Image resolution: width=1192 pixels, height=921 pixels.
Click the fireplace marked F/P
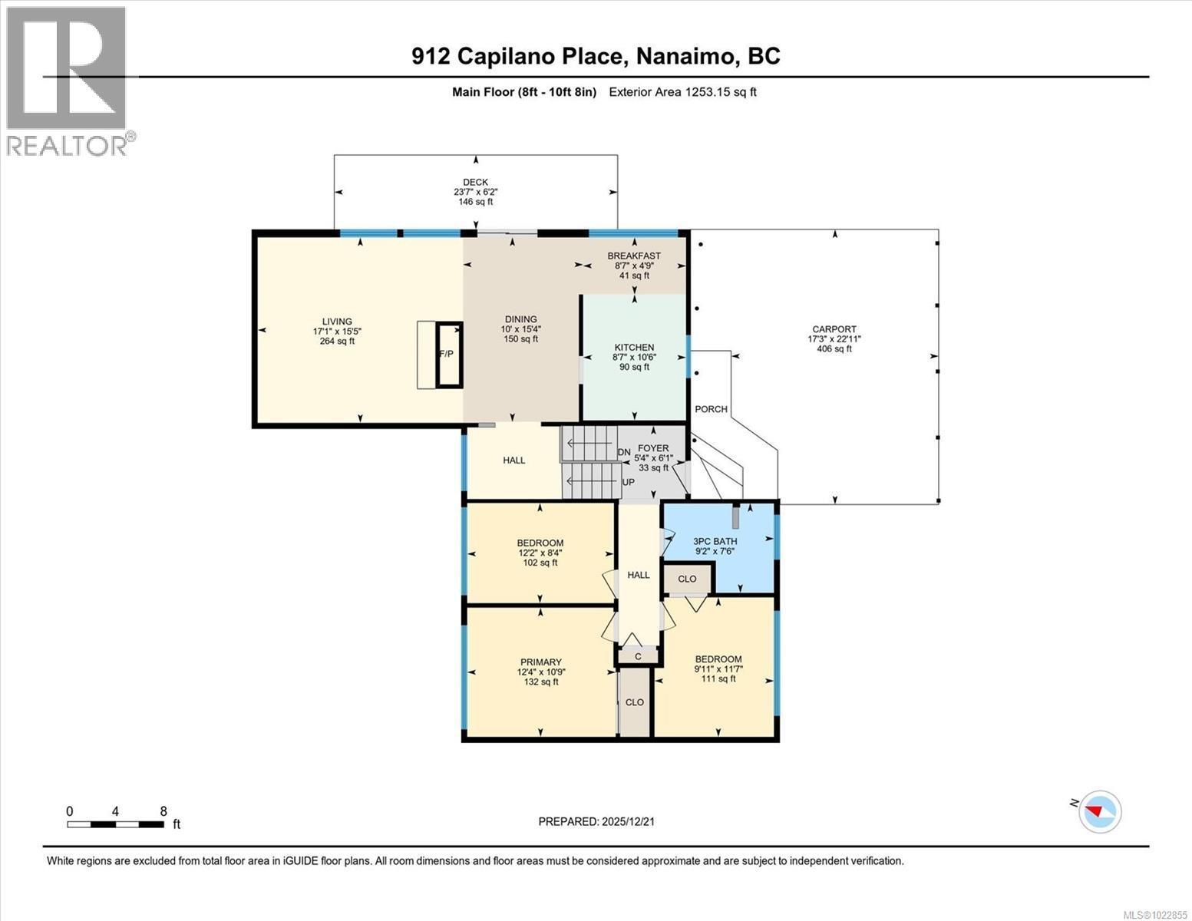click(x=449, y=355)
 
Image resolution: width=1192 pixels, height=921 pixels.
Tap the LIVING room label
click(x=337, y=322)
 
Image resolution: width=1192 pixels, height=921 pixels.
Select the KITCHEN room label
click(x=634, y=348)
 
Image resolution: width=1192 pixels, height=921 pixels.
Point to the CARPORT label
click(x=834, y=329)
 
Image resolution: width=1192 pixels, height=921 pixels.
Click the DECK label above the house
click(x=475, y=182)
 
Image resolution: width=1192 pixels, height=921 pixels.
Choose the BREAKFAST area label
click(x=634, y=256)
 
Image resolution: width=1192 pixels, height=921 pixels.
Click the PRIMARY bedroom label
click(x=541, y=662)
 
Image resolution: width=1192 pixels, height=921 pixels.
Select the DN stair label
click(x=624, y=452)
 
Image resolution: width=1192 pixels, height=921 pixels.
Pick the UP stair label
click(x=628, y=482)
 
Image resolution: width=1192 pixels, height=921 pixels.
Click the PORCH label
click(x=711, y=409)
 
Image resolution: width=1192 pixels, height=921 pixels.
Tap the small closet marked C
click(x=637, y=656)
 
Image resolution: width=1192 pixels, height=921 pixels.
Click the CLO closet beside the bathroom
click(x=687, y=579)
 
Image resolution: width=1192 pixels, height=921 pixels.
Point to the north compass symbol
click(x=1099, y=810)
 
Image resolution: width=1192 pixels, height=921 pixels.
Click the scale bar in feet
click(x=115, y=824)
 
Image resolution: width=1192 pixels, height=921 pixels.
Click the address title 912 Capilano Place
click(x=596, y=56)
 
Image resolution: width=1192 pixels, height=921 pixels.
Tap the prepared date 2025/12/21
click(x=596, y=821)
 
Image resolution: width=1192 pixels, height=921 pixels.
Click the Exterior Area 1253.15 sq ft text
click(x=682, y=92)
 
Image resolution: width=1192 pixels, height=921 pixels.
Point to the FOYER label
click(x=652, y=448)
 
